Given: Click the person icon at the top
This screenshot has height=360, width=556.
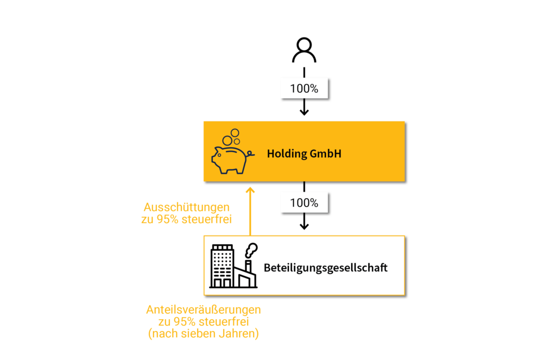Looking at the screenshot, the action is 304,50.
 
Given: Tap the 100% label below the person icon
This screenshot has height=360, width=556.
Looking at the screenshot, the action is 304,89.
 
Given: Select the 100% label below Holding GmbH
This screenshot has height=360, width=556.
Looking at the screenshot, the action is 304,203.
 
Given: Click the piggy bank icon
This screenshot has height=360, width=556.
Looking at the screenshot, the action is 232,152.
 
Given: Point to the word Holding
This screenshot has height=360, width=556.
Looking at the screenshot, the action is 287,154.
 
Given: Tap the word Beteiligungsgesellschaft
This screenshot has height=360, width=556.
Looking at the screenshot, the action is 326,268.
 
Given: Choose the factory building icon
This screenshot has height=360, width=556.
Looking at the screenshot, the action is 233,266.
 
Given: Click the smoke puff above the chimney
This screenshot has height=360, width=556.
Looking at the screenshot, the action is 251,250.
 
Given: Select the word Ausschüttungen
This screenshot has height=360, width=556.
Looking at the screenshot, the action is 187,207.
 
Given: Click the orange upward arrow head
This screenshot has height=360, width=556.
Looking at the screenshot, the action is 250,191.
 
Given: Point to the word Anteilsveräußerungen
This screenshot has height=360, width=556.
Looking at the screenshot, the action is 204,310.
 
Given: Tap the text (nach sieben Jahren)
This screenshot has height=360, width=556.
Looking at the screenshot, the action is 204,333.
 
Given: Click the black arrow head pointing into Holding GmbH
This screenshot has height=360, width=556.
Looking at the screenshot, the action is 304,112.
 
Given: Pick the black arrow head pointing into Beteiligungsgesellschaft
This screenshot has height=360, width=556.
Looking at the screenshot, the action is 304,226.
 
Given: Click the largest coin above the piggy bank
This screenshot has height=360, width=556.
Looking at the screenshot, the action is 228,141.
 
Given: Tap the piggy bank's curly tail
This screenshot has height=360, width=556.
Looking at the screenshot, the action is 250,154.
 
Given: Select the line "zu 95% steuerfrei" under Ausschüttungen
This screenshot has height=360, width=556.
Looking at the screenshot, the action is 187,219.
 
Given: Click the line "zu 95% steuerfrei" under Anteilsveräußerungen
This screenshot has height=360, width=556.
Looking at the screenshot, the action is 204,321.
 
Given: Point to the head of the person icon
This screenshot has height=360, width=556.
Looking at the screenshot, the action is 304,46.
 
